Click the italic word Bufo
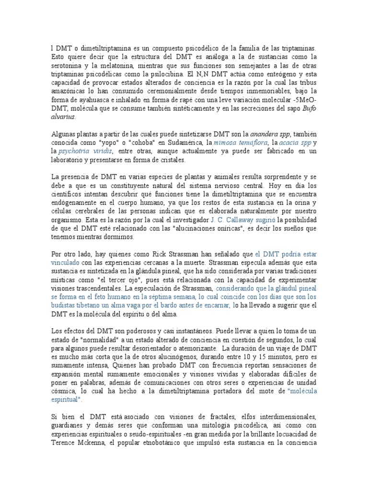pos(309,109)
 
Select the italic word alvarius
pos(63,117)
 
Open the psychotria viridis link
pos(86,152)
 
